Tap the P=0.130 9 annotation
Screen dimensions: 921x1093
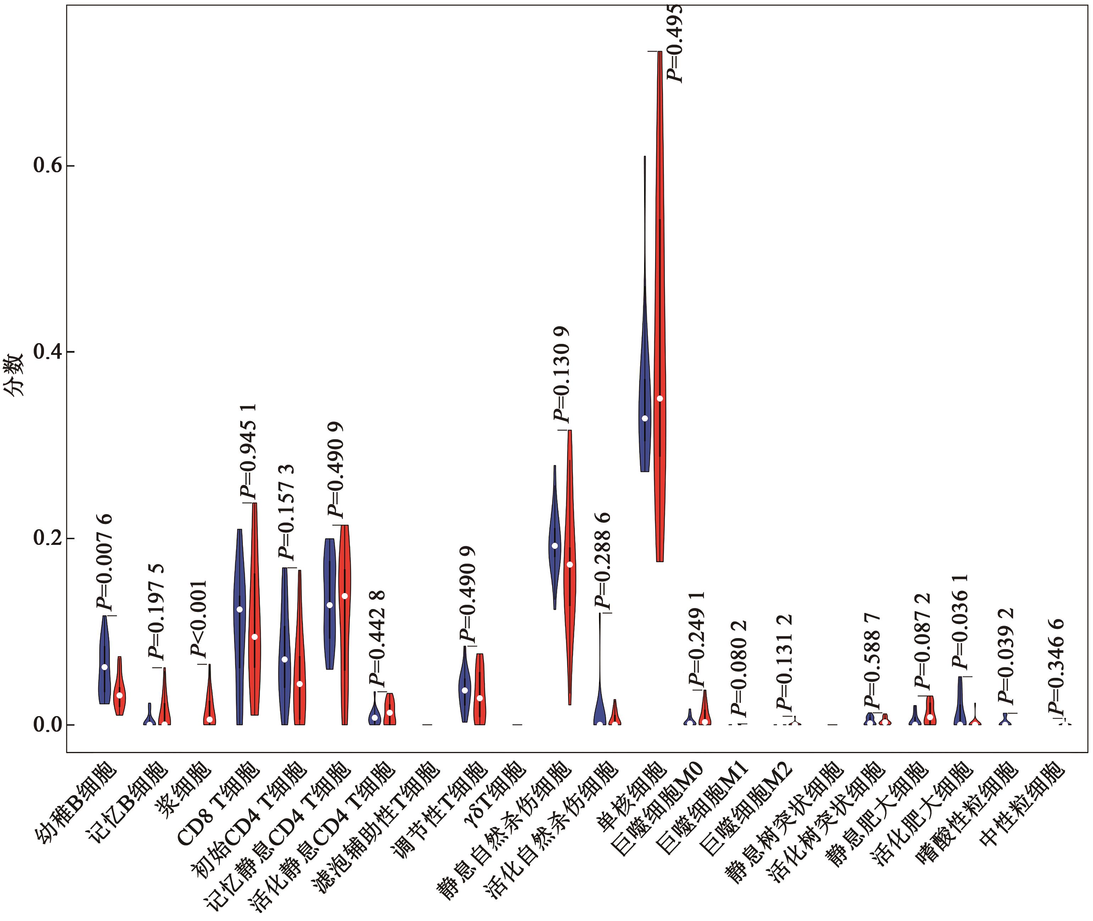(562, 374)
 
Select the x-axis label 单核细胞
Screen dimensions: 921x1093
(632, 796)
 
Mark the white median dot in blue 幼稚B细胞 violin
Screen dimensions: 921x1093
(105, 667)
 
